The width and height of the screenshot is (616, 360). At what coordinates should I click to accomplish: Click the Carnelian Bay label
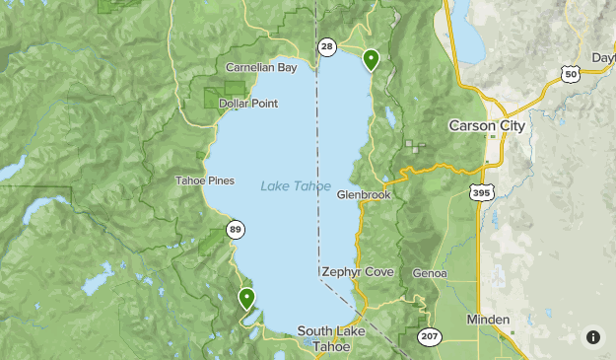point(260,68)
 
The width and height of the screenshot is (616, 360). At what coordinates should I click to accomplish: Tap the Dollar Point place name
point(247,104)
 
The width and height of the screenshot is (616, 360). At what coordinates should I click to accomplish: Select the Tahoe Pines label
point(205,180)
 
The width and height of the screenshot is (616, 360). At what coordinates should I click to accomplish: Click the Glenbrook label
point(364,195)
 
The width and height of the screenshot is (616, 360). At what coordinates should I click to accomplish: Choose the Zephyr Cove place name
point(357,272)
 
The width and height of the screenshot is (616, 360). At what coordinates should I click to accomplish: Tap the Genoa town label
point(430,273)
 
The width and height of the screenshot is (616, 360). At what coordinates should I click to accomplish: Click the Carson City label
point(487,126)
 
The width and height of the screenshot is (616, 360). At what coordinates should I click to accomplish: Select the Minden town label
point(488,320)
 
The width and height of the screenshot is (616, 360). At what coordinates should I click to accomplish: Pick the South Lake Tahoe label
point(331,338)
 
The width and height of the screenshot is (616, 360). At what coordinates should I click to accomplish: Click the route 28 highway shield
point(326,47)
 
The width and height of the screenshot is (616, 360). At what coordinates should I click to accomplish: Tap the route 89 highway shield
point(235,230)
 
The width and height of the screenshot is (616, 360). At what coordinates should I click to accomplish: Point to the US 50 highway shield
point(569,74)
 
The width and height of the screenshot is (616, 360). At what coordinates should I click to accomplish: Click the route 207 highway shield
point(429,337)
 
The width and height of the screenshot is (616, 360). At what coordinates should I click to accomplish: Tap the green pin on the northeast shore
point(372,59)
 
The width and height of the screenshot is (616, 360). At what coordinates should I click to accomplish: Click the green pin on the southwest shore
point(246,296)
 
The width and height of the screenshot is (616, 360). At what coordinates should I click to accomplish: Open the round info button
point(592,336)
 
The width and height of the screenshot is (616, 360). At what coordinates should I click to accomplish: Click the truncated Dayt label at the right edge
point(602,58)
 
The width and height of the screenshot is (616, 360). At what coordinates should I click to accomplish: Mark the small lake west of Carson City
point(391,117)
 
